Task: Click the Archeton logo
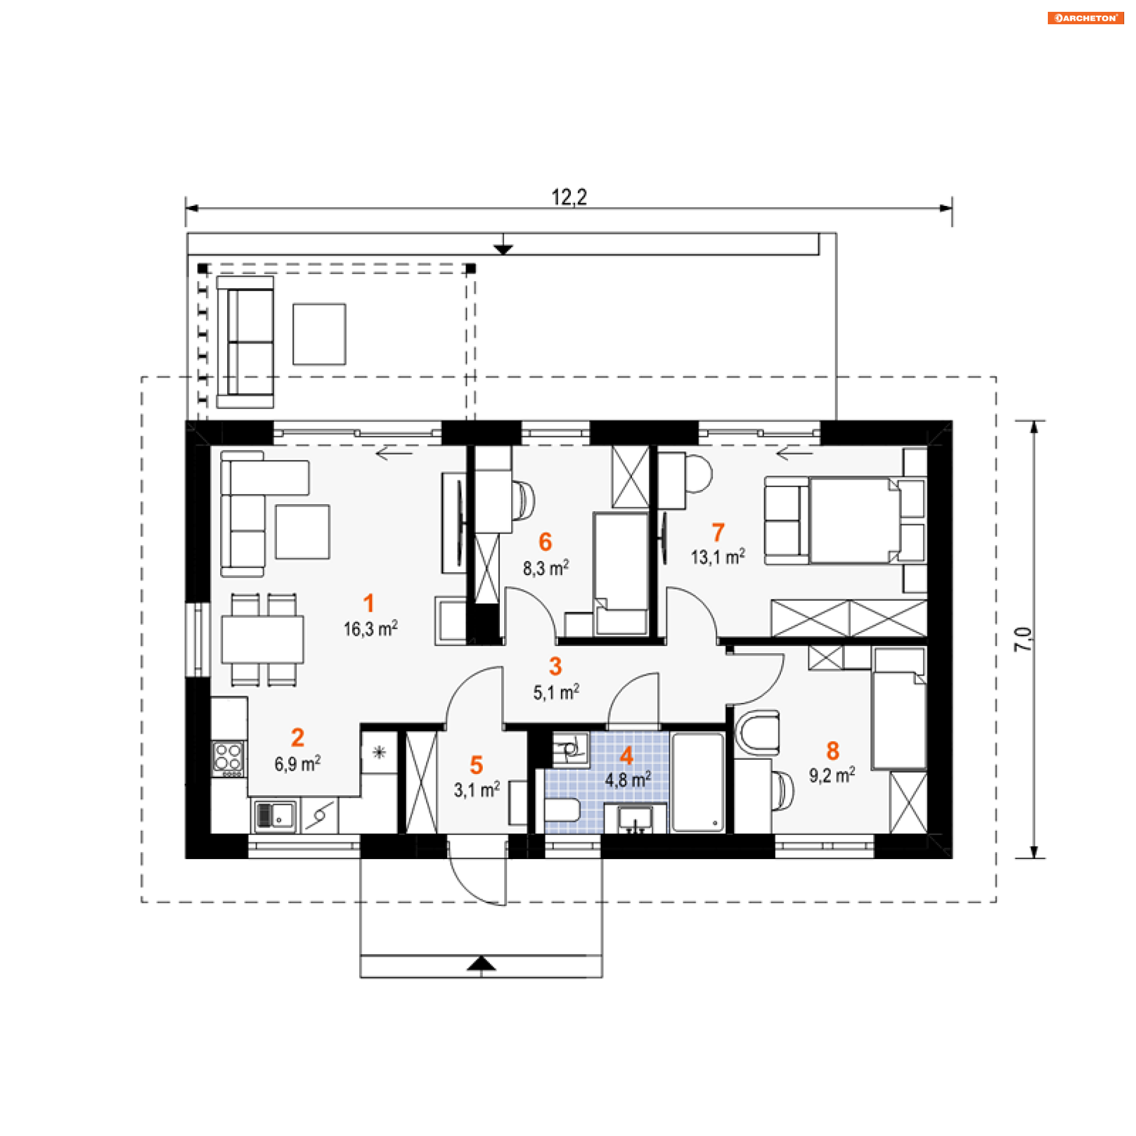(x=1085, y=18)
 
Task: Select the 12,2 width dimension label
(x=569, y=197)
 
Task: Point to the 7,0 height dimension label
(x=1024, y=639)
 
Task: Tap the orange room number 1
(x=369, y=603)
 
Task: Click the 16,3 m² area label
(x=371, y=628)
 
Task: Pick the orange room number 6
(x=545, y=541)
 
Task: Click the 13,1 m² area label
(x=718, y=557)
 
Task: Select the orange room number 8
(x=832, y=751)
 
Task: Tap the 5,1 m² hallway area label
(x=556, y=692)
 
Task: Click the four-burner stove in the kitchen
(x=228, y=759)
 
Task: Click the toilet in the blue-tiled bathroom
(x=562, y=810)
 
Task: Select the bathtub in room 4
(x=698, y=782)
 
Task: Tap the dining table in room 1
(x=263, y=640)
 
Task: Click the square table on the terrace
(x=319, y=334)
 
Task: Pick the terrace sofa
(x=245, y=342)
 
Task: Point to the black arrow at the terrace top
(x=504, y=248)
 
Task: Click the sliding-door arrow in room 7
(x=795, y=454)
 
